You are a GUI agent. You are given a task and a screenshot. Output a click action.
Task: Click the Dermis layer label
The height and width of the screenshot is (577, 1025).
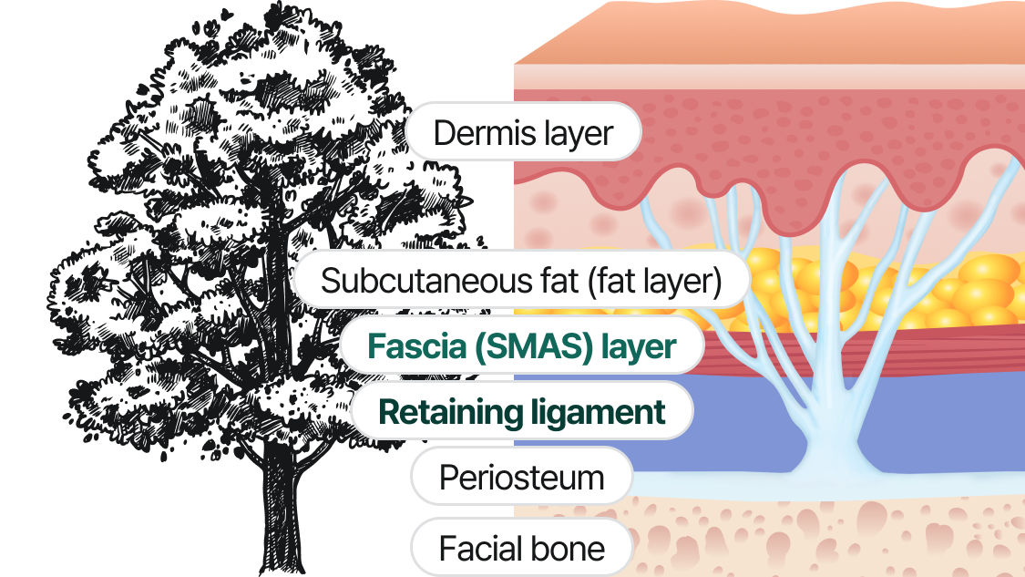point(523,133)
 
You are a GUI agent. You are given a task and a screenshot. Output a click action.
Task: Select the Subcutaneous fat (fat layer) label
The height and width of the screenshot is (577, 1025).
point(521,281)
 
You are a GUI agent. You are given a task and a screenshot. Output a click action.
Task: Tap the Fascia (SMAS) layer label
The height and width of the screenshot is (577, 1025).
point(521,346)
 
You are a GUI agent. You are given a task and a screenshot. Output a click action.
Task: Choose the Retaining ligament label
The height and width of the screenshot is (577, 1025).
point(521,412)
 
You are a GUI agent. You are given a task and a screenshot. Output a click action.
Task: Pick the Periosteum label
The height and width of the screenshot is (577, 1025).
point(521,478)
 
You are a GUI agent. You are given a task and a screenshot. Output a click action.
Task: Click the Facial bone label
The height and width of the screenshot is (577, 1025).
point(521,549)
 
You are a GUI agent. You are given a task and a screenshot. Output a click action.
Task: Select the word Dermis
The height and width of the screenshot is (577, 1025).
point(478,133)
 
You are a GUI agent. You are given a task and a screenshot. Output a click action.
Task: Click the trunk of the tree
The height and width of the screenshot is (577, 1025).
point(288,501)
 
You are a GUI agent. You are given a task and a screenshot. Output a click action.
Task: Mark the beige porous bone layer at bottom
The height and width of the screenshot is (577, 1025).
point(820,538)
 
